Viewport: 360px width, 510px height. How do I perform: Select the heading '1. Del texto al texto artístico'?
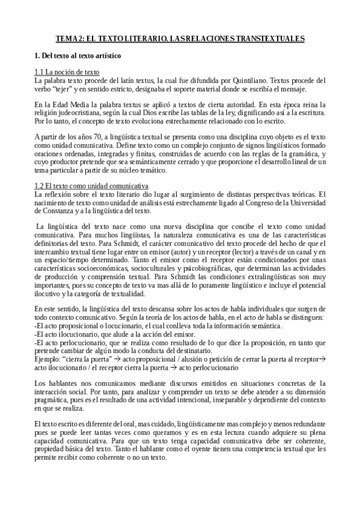[x=78, y=57]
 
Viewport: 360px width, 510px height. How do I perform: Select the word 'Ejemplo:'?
[x=49, y=358]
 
